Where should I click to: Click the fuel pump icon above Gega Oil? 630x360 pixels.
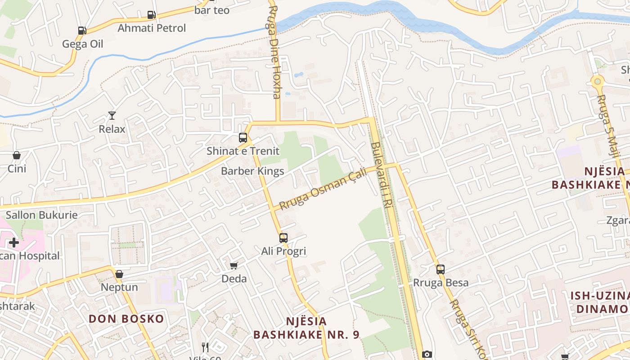click(82, 31)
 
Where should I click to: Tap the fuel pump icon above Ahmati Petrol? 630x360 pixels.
click(151, 15)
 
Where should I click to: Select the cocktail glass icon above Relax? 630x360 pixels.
click(112, 116)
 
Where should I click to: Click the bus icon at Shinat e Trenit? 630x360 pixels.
click(243, 138)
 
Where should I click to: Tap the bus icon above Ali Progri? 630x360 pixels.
click(283, 238)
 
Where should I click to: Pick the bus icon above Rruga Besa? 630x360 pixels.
click(441, 270)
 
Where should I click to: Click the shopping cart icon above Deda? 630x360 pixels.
click(234, 265)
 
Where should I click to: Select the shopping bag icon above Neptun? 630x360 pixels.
click(119, 274)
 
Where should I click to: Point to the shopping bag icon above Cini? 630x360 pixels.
click(17, 155)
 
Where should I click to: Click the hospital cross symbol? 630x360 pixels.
click(14, 243)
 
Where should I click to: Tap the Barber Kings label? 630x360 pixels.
click(252, 171)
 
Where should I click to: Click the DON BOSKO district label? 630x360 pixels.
click(126, 319)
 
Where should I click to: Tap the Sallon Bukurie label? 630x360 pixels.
click(42, 215)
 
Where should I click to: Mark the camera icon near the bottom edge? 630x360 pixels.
click(427, 355)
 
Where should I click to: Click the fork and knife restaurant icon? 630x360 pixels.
click(205, 347)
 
